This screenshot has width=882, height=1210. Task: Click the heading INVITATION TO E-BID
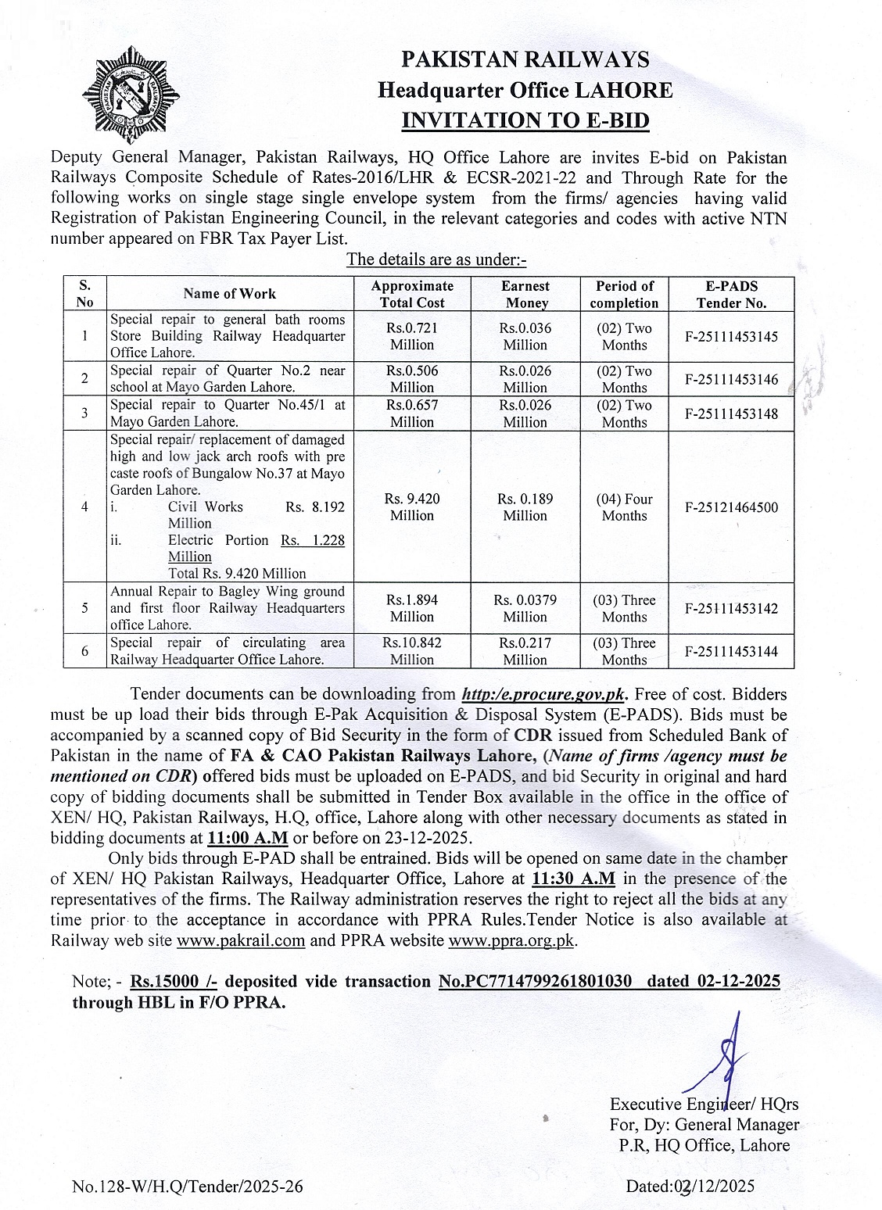pyautogui.click(x=525, y=120)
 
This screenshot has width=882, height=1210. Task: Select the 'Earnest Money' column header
pyautogui.click(x=525, y=295)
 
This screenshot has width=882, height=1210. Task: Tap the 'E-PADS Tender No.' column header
pyautogui.click(x=731, y=295)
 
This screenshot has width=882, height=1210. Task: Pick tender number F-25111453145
pyautogui.click(x=731, y=337)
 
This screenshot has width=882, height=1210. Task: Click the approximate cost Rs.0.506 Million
pyautogui.click(x=412, y=379)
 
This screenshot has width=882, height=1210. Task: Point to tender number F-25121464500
pyautogui.click(x=731, y=507)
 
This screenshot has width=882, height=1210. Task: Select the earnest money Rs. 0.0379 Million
pyautogui.click(x=525, y=608)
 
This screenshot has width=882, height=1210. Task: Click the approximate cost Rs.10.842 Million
pyautogui.click(x=412, y=651)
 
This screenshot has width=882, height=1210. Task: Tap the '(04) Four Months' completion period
pyautogui.click(x=624, y=507)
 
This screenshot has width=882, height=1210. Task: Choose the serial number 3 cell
pyautogui.click(x=84, y=413)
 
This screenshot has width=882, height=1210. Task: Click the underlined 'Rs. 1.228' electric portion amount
pyautogui.click(x=313, y=540)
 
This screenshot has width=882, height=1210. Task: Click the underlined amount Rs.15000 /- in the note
pyautogui.click(x=167, y=982)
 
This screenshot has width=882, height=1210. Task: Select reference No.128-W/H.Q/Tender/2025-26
pyautogui.click(x=188, y=1187)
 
